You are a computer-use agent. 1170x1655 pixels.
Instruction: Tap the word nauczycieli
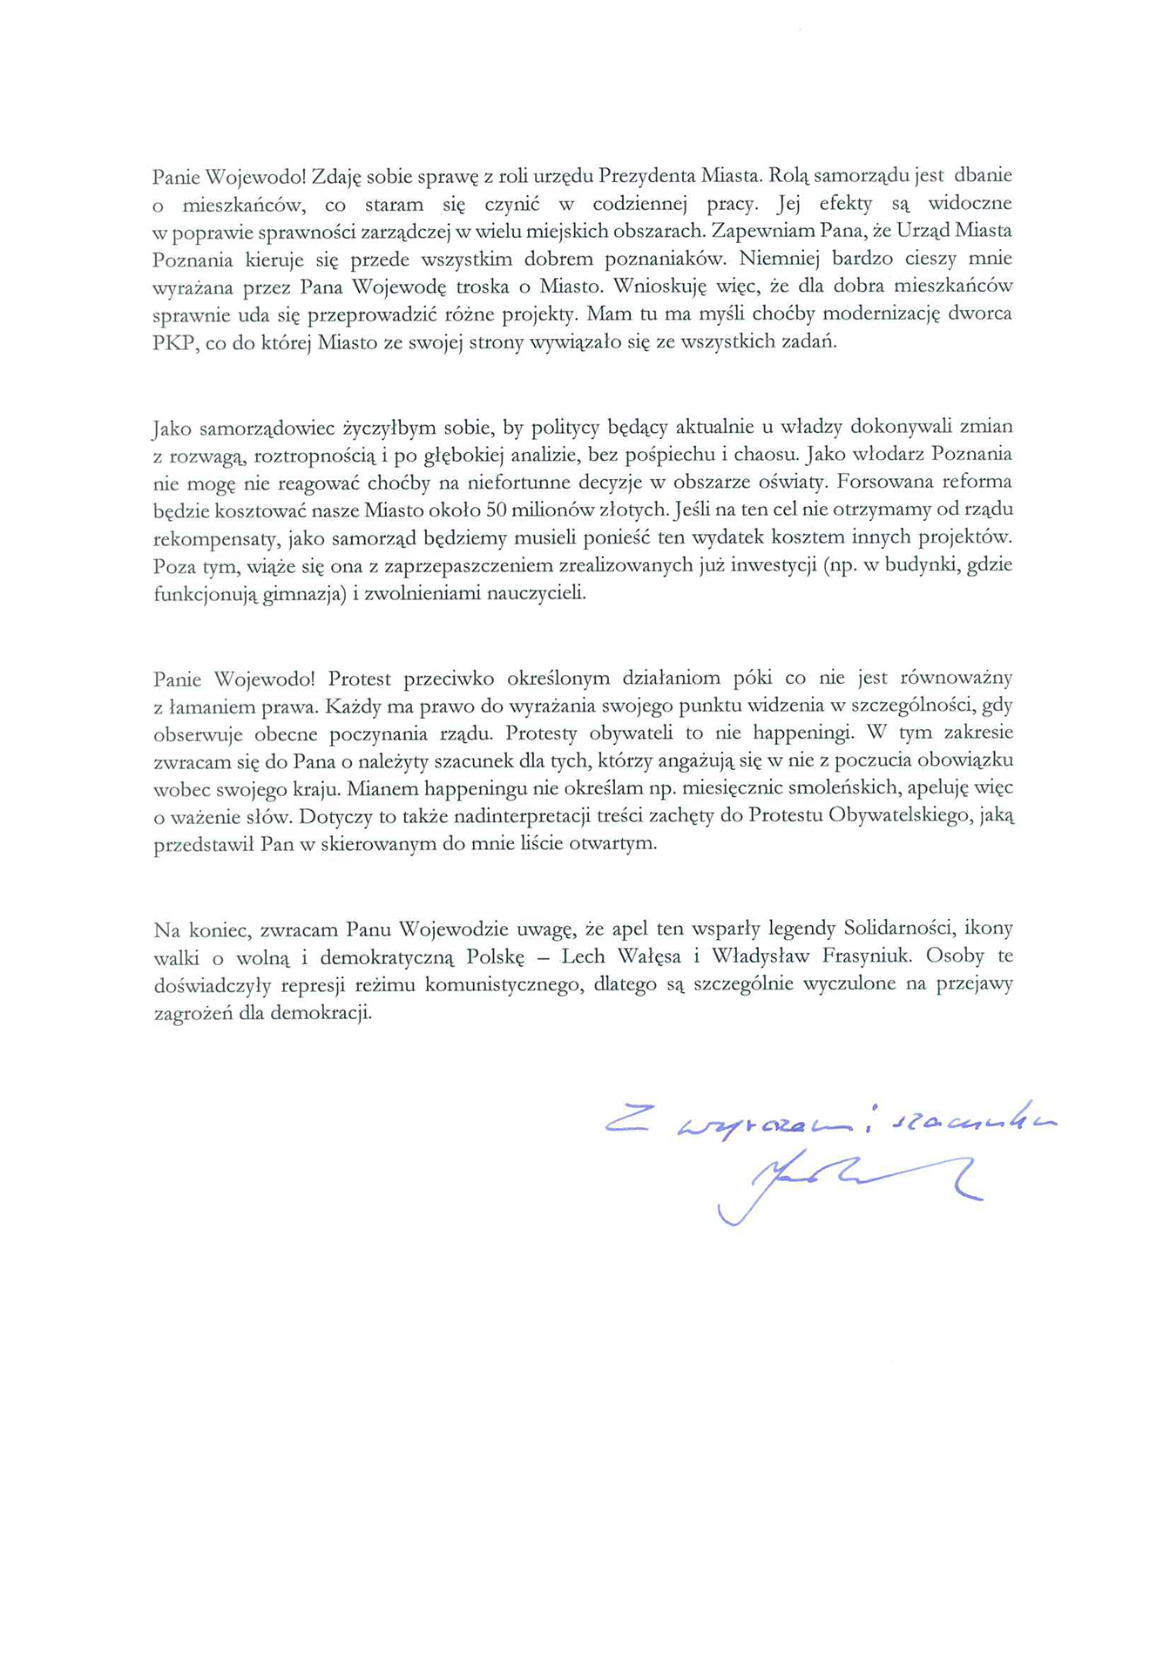tap(537, 594)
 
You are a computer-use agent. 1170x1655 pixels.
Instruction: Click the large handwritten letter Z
tap(627, 1120)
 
